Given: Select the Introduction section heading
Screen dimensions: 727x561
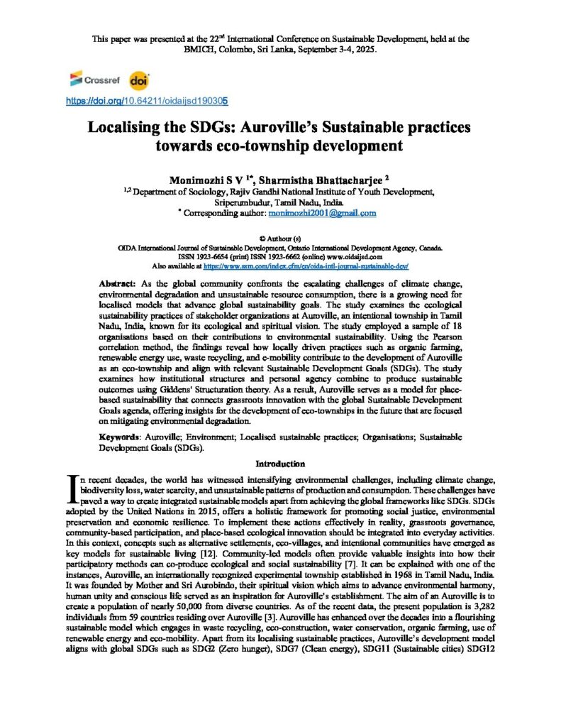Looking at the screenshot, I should (280, 464).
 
